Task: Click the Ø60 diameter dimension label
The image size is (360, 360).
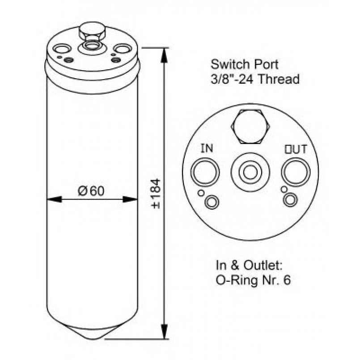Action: (x=91, y=191)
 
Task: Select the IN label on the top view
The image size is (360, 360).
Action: (x=207, y=148)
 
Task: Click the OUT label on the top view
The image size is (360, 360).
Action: (x=296, y=149)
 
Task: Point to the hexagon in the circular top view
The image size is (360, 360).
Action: (x=250, y=127)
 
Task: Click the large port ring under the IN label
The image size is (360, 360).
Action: (x=191, y=172)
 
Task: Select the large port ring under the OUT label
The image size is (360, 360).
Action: (x=282, y=172)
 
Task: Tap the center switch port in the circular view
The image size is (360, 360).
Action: (x=250, y=173)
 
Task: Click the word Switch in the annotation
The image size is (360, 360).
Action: (x=228, y=64)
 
